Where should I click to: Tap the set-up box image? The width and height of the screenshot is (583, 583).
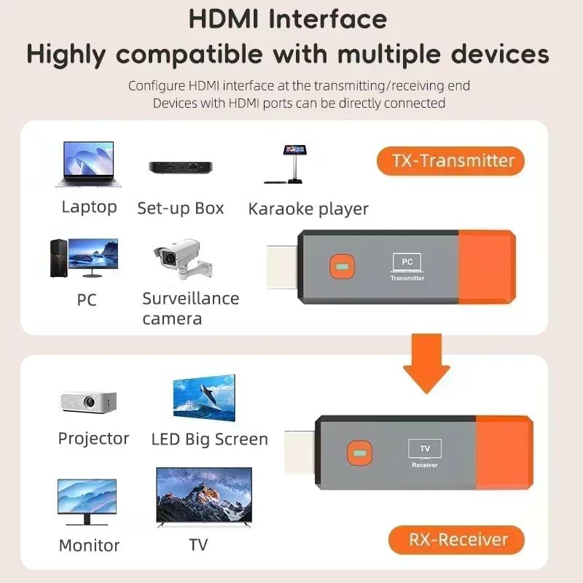(180, 166)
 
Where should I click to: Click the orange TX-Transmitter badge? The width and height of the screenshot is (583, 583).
(450, 161)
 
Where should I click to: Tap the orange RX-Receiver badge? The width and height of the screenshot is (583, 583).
(456, 540)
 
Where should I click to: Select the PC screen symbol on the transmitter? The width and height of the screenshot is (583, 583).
(407, 262)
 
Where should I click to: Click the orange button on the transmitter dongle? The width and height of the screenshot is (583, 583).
(339, 266)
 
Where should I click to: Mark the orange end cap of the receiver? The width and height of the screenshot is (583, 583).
(504, 453)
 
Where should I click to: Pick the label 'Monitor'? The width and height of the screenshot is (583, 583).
(89, 545)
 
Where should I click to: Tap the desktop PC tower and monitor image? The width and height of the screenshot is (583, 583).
(83, 257)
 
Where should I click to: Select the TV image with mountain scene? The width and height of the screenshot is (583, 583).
(204, 498)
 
